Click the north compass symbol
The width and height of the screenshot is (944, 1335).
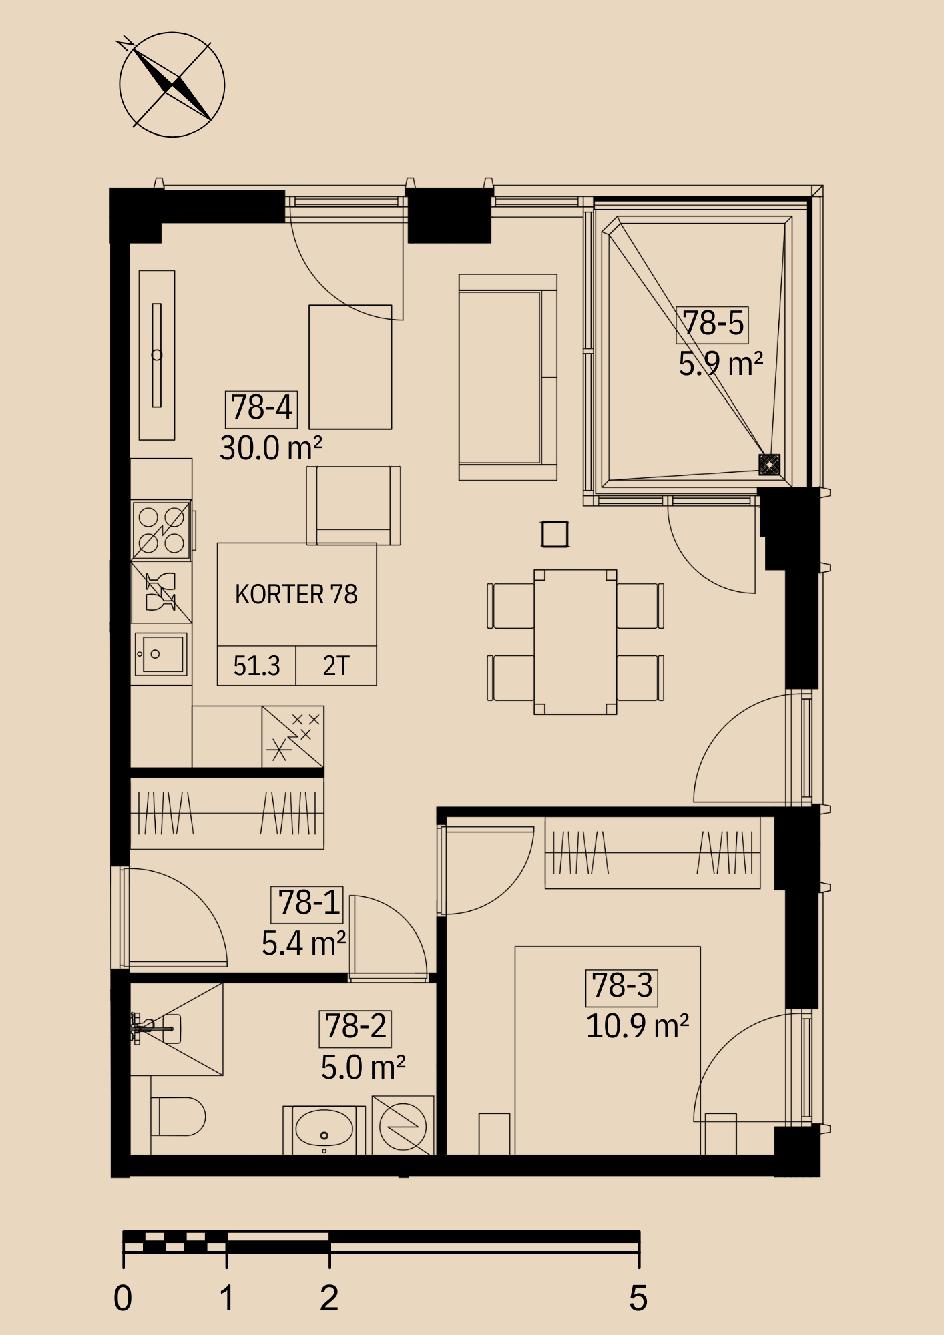[x=172, y=85]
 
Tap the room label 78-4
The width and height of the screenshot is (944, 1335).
[x=261, y=408]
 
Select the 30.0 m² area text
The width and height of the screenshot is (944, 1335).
[x=271, y=448]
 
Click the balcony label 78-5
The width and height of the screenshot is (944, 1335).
[x=713, y=323]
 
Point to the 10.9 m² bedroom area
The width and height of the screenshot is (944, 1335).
[x=638, y=1026]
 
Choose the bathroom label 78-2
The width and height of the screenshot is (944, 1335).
[x=355, y=1027]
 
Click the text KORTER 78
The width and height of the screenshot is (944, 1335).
[x=296, y=594]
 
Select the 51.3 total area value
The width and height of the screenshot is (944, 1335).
[x=256, y=665]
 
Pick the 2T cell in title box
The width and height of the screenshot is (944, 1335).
[x=336, y=665]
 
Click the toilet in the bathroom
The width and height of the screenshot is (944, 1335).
[x=178, y=1117]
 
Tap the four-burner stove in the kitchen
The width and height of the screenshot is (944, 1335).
[x=162, y=530]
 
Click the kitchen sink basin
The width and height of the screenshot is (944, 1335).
[x=161, y=654]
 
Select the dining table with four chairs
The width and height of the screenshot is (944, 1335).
[x=575, y=642]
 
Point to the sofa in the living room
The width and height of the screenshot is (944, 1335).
[x=507, y=377]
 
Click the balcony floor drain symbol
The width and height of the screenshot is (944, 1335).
[x=769, y=464]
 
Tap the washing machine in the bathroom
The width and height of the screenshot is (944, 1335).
[x=403, y=1125]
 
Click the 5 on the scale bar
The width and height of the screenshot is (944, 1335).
[x=638, y=1298]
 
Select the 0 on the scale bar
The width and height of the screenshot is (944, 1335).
[x=123, y=1298]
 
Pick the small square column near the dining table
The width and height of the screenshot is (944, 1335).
[x=555, y=534]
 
